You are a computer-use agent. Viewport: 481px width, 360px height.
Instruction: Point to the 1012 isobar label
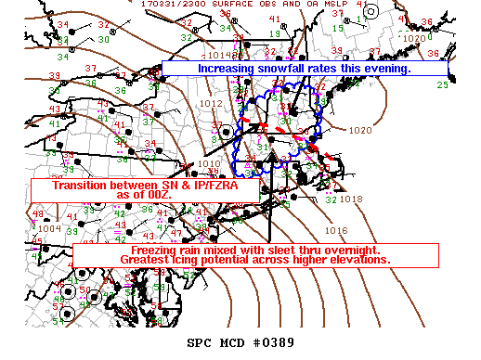210,104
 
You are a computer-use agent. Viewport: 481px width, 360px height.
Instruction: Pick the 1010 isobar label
208,163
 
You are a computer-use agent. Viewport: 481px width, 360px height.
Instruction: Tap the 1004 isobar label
49,227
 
